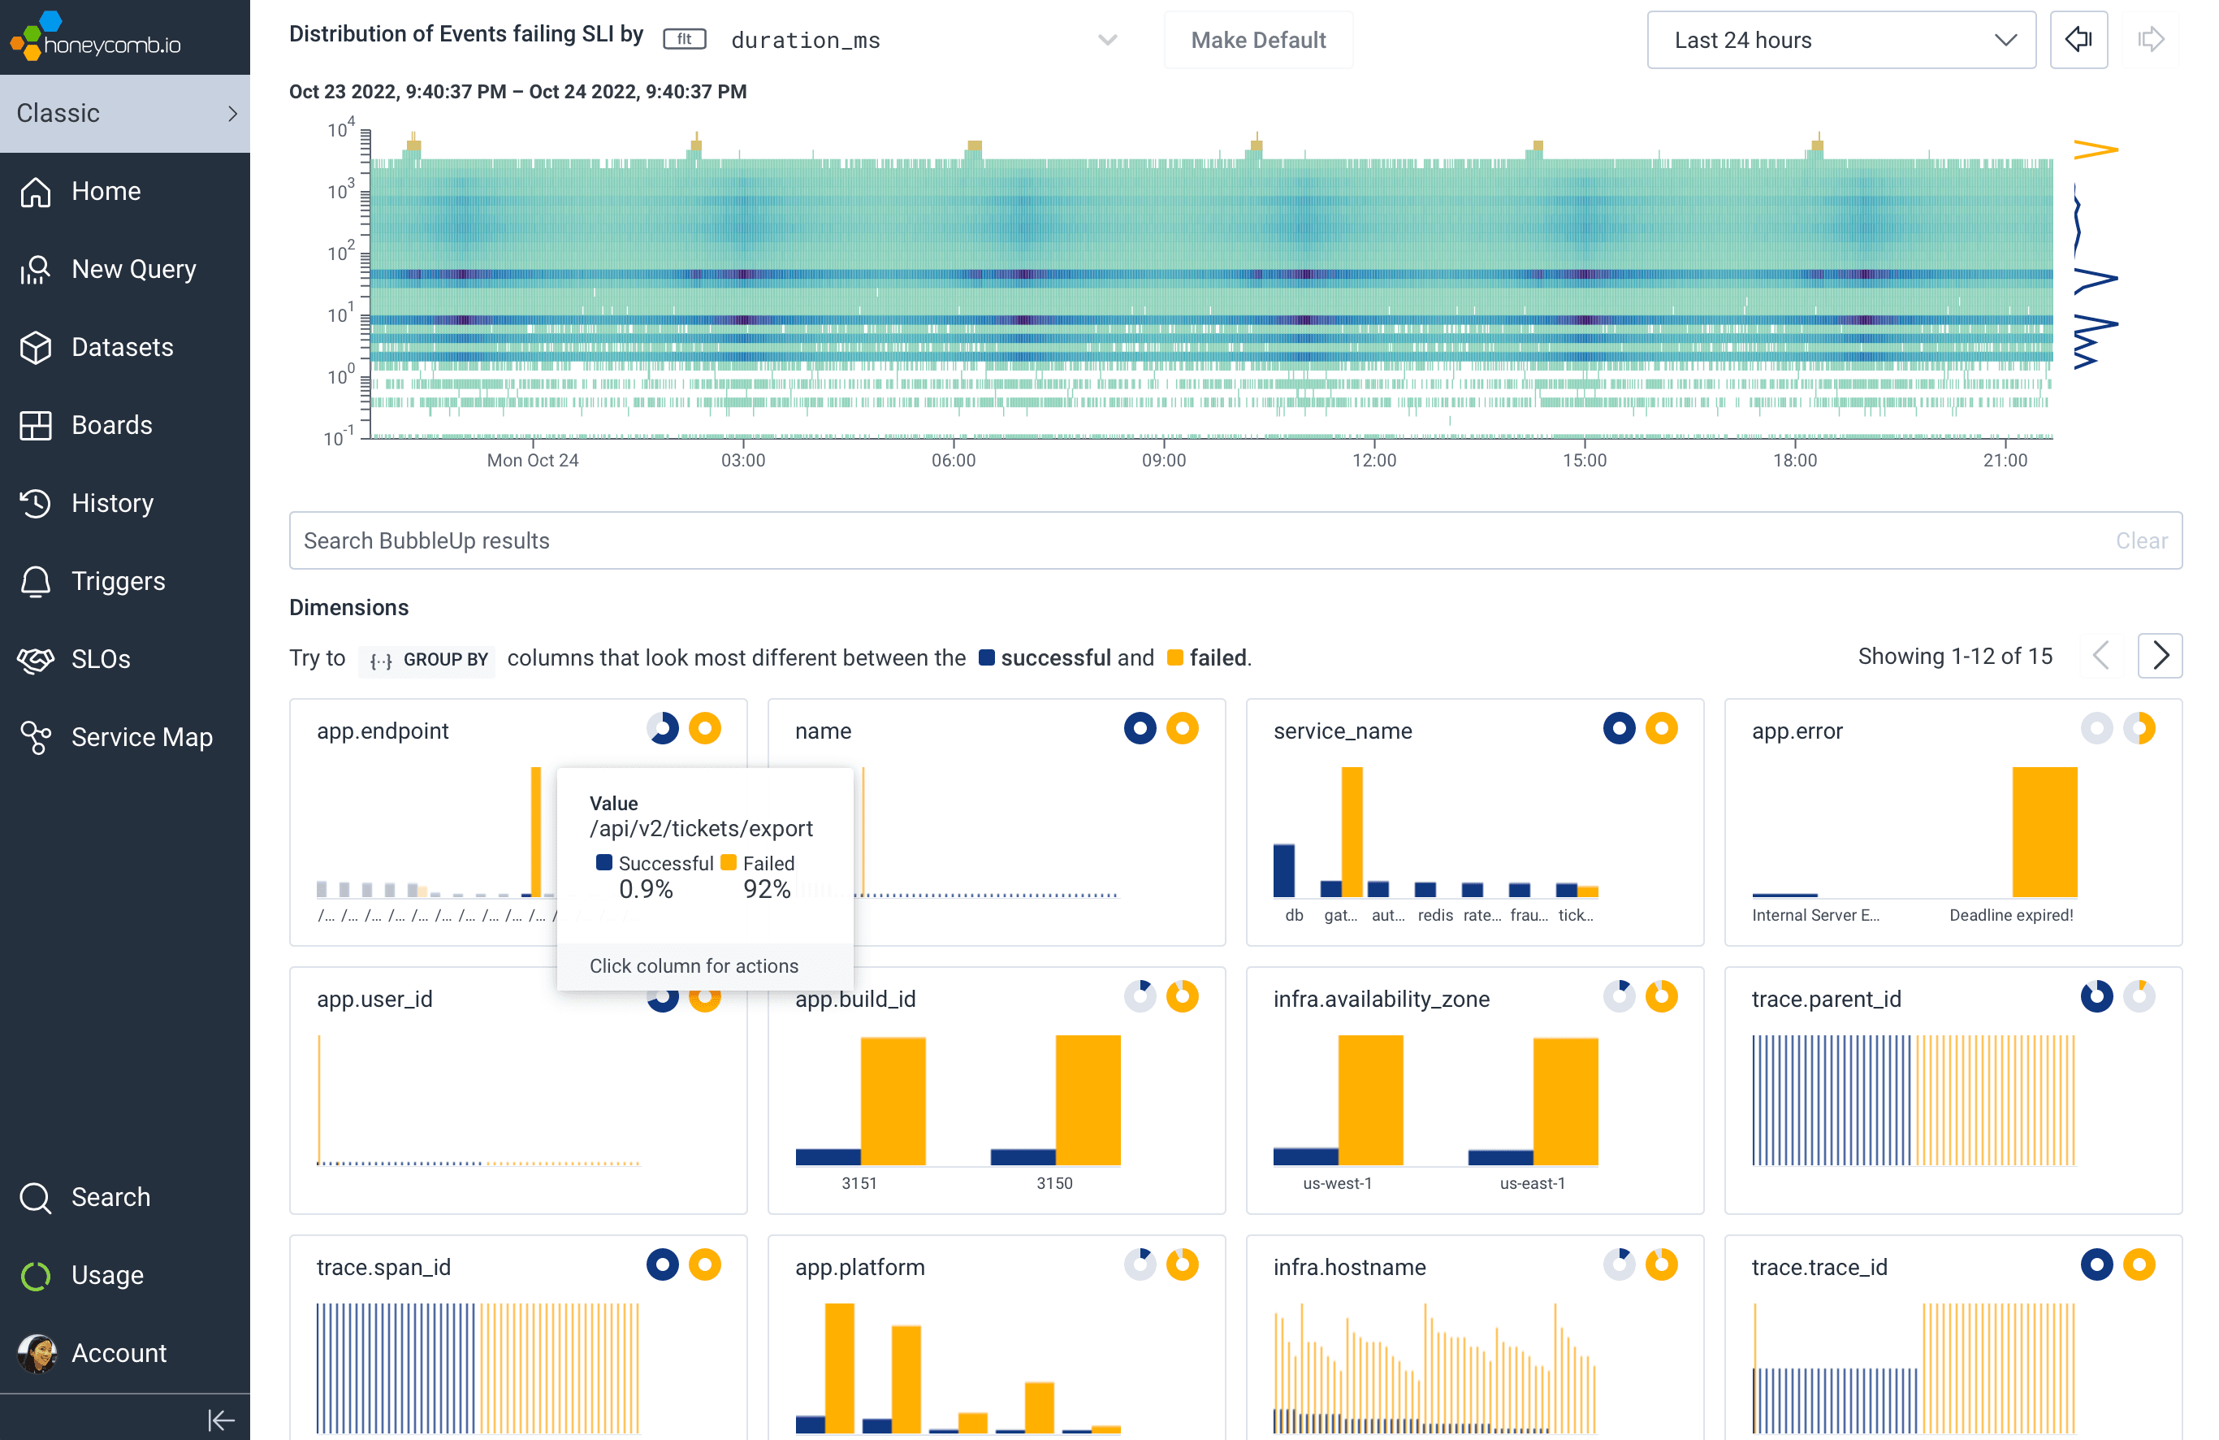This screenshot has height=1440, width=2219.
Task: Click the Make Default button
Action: (x=1258, y=40)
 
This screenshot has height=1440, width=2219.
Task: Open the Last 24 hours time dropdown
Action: (x=1840, y=40)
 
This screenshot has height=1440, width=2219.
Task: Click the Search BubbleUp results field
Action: (x=1118, y=541)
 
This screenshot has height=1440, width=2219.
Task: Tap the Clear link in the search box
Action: (x=2141, y=541)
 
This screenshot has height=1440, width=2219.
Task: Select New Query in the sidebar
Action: (x=133, y=270)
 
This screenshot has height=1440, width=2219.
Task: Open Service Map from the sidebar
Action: (x=141, y=737)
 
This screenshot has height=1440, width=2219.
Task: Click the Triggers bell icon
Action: (x=36, y=581)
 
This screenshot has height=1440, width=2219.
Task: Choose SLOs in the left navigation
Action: (x=101, y=659)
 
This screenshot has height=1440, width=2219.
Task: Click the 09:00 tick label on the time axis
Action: (x=1164, y=460)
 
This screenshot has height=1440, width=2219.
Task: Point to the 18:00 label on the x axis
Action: (x=1795, y=460)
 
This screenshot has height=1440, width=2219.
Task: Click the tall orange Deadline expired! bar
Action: (x=2044, y=831)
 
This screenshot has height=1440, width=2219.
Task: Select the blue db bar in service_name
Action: (x=1284, y=870)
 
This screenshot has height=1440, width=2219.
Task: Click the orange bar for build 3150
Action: (x=1087, y=1100)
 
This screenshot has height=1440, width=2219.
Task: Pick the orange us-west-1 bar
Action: (x=1369, y=1100)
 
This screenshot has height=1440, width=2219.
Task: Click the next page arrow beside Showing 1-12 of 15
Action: (x=2160, y=657)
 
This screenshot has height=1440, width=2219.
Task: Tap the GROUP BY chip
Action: (x=428, y=659)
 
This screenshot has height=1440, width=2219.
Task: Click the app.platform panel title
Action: (x=859, y=1267)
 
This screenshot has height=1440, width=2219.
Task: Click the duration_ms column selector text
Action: (x=806, y=40)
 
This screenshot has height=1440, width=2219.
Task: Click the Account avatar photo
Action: (x=37, y=1353)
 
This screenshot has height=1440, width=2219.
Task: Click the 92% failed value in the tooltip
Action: (x=767, y=889)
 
